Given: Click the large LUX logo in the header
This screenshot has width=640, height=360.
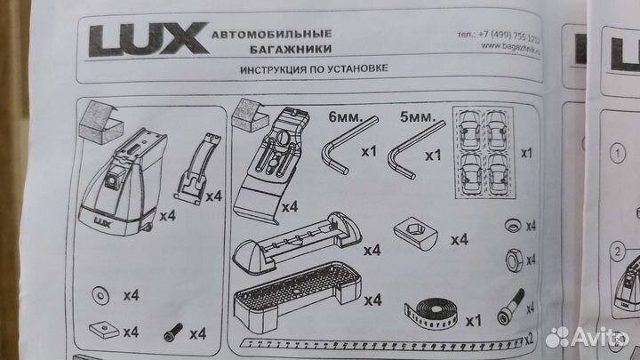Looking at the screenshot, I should pos(143,40).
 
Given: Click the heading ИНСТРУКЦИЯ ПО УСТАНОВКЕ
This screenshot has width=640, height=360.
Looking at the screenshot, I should pos(316,71).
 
